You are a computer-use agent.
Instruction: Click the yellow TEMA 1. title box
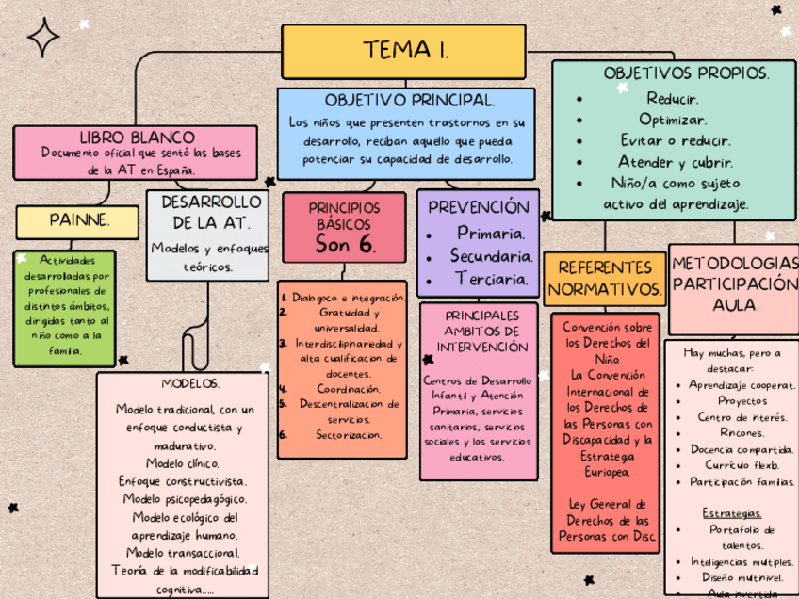pyautogui.click(x=403, y=51)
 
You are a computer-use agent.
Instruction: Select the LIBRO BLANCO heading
pyautogui.click(x=138, y=138)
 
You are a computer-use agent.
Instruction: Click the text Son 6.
pyautogui.click(x=345, y=245)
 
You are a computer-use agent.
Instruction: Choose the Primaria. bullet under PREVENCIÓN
pyautogui.click(x=490, y=233)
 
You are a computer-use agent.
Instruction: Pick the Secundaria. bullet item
pyautogui.click(x=491, y=255)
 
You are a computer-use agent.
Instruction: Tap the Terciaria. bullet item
pyautogui.click(x=491, y=279)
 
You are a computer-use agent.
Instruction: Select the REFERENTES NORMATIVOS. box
pyautogui.click(x=605, y=279)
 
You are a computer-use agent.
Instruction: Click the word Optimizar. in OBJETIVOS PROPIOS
pyautogui.click(x=673, y=120)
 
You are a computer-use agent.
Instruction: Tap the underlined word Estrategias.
pyautogui.click(x=731, y=513)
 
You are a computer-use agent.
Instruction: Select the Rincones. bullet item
pyautogui.click(x=736, y=433)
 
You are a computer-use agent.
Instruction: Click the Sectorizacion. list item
pyautogui.click(x=349, y=435)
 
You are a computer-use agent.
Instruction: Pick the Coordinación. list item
pyautogui.click(x=349, y=388)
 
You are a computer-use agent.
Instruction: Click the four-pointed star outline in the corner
pyautogui.click(x=43, y=37)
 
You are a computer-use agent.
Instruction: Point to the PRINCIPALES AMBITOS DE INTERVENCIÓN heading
pyautogui.click(x=481, y=331)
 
